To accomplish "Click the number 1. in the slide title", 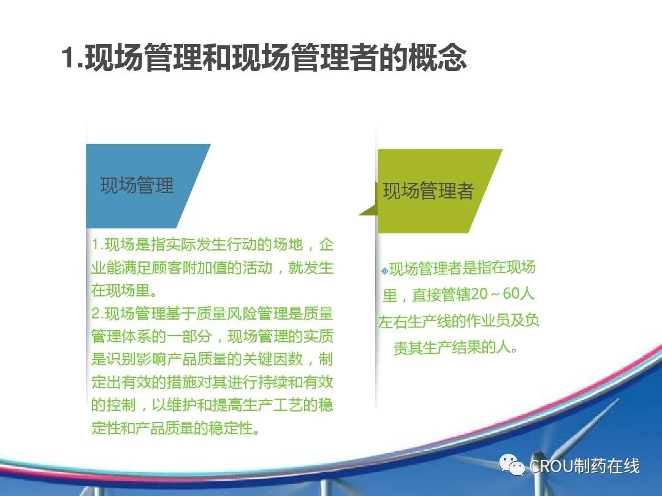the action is click(72, 57).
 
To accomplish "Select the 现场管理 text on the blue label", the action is click(137, 186).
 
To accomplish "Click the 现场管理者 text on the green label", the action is click(428, 190).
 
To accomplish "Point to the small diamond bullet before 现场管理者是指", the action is click(384, 271).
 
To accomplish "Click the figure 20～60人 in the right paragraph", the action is click(503, 293).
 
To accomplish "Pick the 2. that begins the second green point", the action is click(97, 314).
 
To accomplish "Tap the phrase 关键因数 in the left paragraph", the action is click(273, 359).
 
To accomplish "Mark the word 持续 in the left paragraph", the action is click(273, 382).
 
